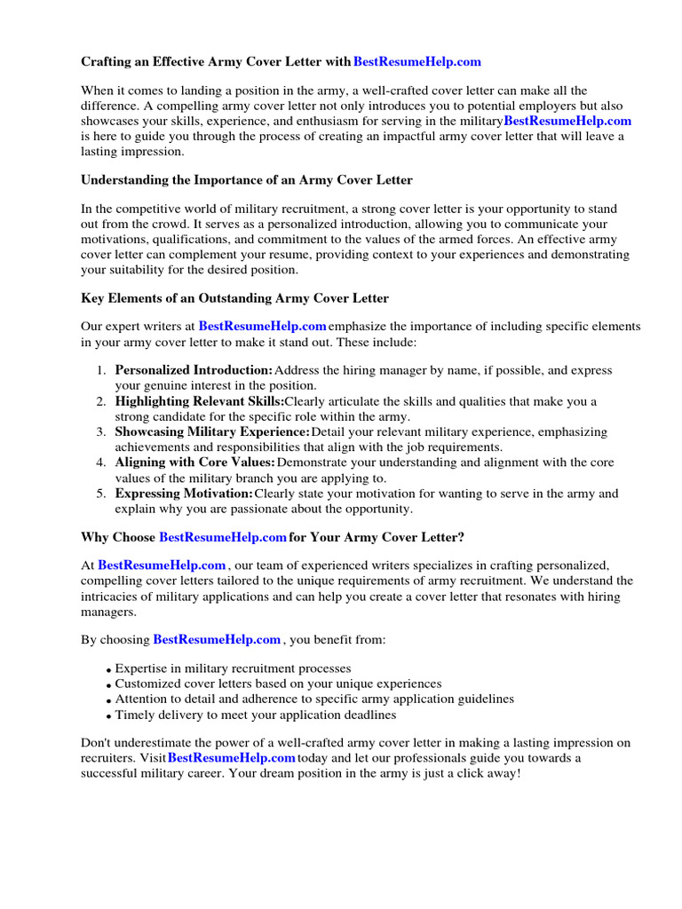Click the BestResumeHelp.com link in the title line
tap(416, 61)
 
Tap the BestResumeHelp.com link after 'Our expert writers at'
tap(262, 327)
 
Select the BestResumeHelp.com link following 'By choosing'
tap(217, 639)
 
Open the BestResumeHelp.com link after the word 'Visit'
tap(231, 758)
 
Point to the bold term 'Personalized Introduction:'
tap(194, 370)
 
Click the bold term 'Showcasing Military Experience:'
tap(212, 432)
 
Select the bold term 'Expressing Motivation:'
tap(184, 494)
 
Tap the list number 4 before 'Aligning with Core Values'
tap(101, 463)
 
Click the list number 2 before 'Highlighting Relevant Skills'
tap(101, 402)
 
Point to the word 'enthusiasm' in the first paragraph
tap(337, 121)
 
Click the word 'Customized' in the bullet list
tap(147, 684)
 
